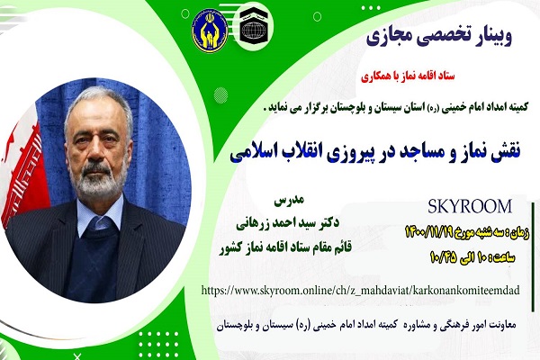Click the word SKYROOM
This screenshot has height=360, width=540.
coord(470,207)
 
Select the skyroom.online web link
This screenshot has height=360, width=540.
coord(360,291)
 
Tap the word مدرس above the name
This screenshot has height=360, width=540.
coord(289,201)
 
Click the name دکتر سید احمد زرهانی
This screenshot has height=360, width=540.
coord(287,223)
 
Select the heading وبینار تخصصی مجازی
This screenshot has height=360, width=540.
coord(439,37)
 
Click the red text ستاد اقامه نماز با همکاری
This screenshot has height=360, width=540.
coord(408,76)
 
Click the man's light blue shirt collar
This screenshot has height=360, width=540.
coord(100,214)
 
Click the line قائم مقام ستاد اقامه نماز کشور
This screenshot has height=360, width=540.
coord(285,247)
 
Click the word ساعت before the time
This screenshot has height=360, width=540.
coord(505,258)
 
